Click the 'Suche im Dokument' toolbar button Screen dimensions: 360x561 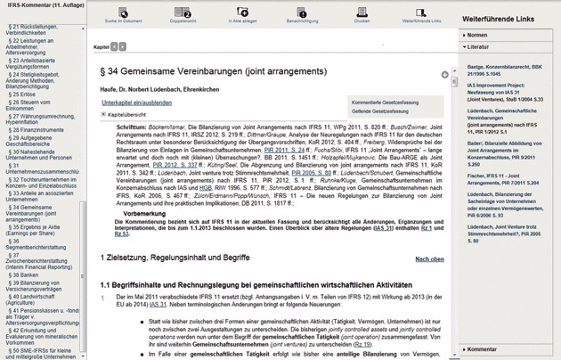(x=123, y=14)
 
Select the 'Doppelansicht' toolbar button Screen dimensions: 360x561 (x=182, y=14)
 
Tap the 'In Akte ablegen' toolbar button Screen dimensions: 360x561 (x=241, y=14)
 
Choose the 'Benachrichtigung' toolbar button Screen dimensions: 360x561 (x=301, y=14)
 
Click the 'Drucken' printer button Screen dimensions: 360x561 (x=362, y=14)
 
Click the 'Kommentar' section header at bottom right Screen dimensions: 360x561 (x=482, y=349)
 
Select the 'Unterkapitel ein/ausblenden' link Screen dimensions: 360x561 (x=136, y=103)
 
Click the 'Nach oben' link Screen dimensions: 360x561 (x=429, y=259)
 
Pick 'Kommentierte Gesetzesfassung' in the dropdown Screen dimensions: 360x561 (x=386, y=102)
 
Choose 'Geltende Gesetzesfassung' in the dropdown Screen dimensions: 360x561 (x=380, y=111)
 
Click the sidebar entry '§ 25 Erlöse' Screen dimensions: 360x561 (x=22, y=94)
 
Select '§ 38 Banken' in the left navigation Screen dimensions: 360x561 (x=24, y=275)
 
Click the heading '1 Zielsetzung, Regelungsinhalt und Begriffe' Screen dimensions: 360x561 (x=175, y=258)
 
